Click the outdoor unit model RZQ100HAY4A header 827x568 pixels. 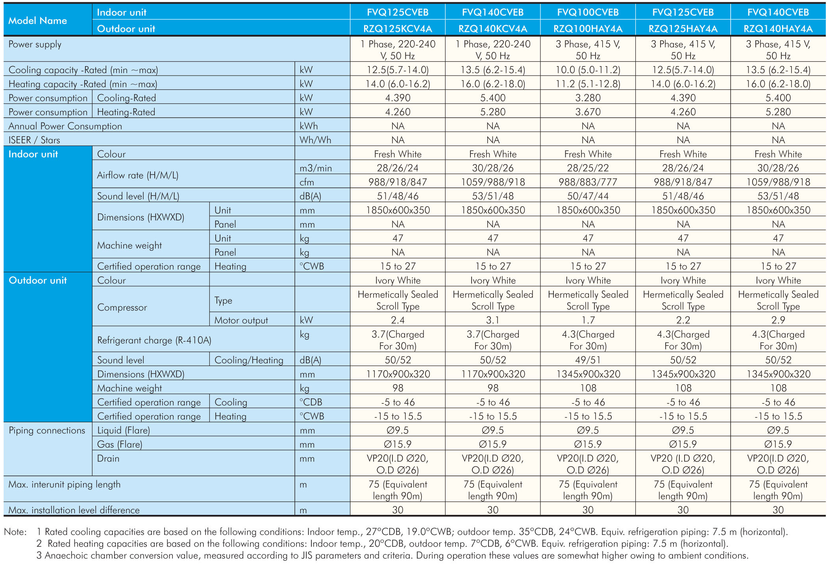(x=588, y=29)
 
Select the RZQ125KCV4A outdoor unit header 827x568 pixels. (x=398, y=29)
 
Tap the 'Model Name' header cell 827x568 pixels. (x=38, y=20)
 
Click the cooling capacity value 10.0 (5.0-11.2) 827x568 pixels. (x=588, y=70)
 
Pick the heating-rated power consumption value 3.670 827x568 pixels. (x=588, y=112)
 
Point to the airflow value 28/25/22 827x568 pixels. (x=588, y=168)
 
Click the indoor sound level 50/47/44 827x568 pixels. (x=588, y=196)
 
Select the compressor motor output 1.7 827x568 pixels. (x=588, y=320)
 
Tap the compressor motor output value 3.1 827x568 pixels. (x=493, y=320)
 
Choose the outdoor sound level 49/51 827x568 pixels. (x=588, y=360)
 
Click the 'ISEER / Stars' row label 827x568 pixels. (x=34, y=140)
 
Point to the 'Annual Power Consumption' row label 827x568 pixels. (x=65, y=126)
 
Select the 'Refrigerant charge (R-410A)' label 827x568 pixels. (x=154, y=340)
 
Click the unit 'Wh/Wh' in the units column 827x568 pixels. (x=315, y=140)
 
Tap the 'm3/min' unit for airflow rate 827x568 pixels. (x=316, y=168)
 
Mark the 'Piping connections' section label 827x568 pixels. (x=47, y=430)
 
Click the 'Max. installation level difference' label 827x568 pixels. (x=74, y=510)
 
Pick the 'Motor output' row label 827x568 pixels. (x=241, y=320)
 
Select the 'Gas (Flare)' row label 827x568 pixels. (x=120, y=444)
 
